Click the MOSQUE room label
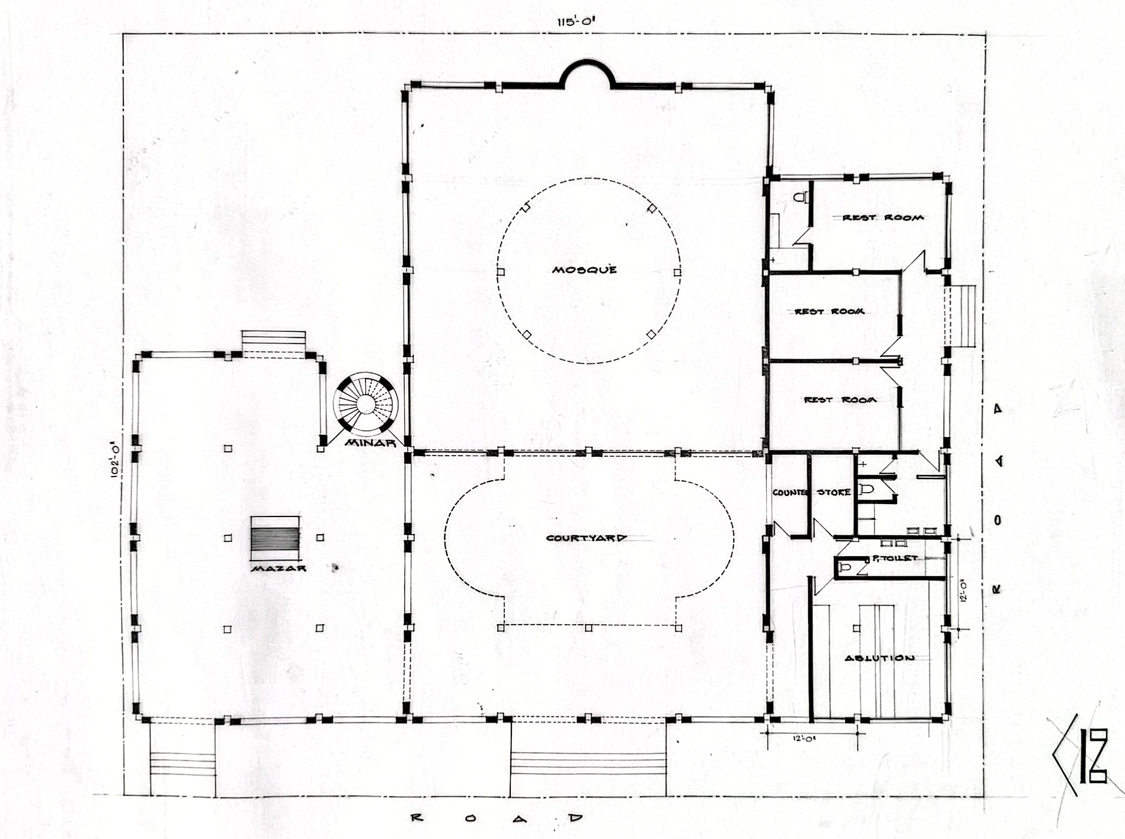[584, 269]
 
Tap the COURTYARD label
[586, 537]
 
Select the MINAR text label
[370, 443]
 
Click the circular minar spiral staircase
[365, 403]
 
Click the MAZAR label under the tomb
[279, 568]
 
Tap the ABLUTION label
[879, 658]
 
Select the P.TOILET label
[894, 558]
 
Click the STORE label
[834, 492]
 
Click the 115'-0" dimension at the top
[576, 22]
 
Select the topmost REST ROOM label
[883, 218]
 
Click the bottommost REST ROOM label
[840, 400]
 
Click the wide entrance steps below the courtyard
[588, 764]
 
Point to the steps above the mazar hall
[274, 341]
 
